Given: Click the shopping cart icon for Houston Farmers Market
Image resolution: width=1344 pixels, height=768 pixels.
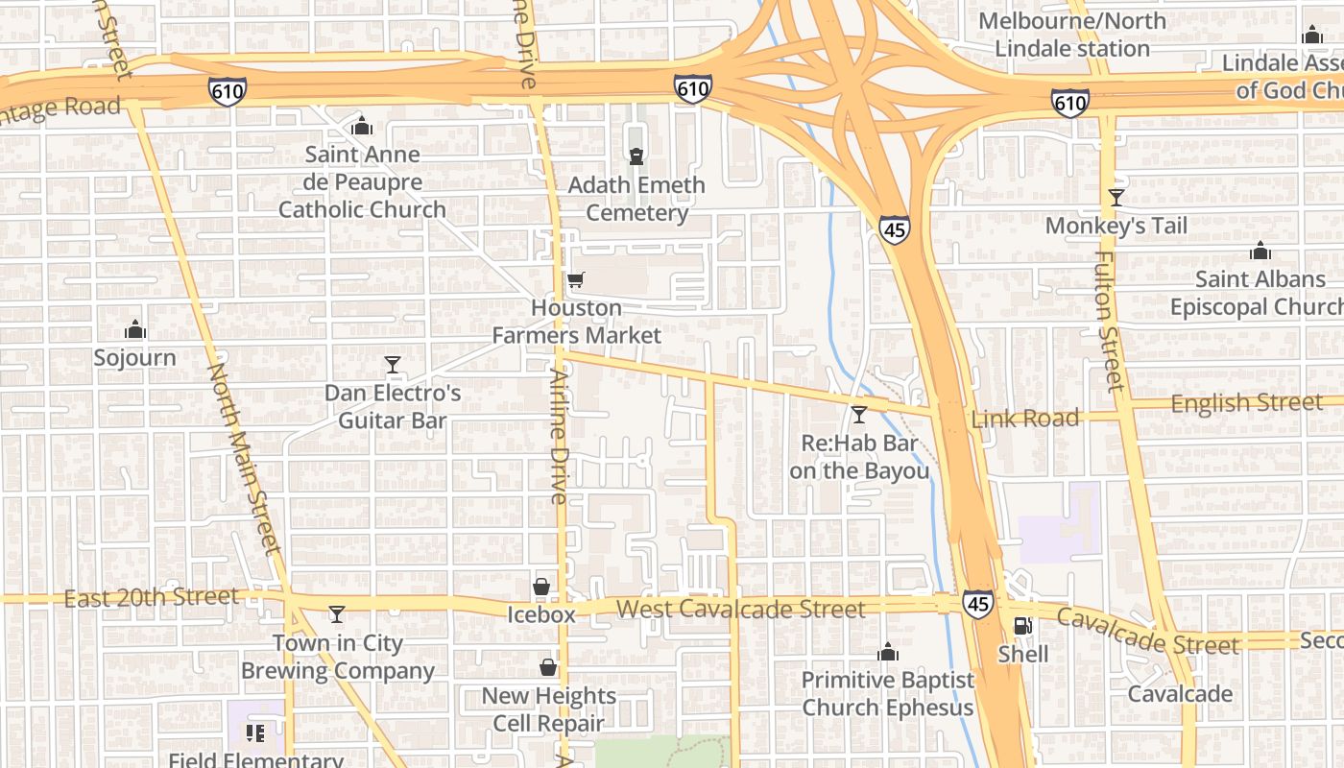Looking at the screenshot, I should tap(575, 280).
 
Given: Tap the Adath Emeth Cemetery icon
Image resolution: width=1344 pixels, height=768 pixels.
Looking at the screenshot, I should tap(636, 156).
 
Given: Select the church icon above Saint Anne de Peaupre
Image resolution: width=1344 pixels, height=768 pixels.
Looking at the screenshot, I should tap(362, 126).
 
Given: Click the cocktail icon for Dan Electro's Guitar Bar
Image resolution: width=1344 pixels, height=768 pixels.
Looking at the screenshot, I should tap(392, 364).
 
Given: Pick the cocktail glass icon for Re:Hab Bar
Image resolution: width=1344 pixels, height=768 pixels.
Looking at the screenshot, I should tap(859, 415).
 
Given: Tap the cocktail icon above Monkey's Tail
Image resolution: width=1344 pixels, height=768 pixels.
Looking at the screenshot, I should tap(1116, 198).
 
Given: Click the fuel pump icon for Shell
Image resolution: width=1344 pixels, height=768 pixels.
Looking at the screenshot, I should tap(1022, 626).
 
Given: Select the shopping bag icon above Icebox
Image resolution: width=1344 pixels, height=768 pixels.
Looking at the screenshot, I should tap(541, 587).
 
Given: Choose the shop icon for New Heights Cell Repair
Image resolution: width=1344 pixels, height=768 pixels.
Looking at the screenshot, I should tap(548, 666).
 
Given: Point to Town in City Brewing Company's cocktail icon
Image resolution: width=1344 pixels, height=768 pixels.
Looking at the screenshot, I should tap(336, 613).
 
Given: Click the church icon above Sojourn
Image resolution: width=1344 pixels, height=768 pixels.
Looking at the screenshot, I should tap(135, 330).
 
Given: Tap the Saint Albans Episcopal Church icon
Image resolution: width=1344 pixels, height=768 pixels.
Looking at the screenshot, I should tap(1260, 252).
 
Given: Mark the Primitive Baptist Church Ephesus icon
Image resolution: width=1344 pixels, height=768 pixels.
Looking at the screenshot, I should tap(888, 653).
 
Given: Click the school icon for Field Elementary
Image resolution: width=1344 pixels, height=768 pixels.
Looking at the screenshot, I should tap(255, 734).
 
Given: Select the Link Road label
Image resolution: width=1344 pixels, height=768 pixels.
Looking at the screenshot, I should tap(1025, 419).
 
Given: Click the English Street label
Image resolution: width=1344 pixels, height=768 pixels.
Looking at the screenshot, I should tap(1246, 403).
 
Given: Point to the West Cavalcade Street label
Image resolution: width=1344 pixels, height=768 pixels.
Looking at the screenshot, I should tap(740, 609).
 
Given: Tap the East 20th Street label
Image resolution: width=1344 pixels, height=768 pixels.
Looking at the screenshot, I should tap(151, 597).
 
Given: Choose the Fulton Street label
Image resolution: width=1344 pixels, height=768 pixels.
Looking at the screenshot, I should tap(1109, 322).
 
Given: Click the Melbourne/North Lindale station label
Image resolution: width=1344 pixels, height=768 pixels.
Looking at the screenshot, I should tap(1071, 35).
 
